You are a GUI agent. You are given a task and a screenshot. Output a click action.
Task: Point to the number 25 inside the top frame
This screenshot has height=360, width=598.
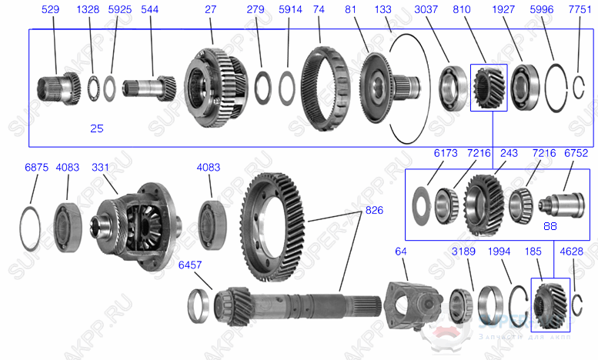pyautogui.click(x=96, y=128)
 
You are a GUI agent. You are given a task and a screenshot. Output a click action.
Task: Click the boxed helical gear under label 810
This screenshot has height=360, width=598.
pyautogui.click(x=488, y=87)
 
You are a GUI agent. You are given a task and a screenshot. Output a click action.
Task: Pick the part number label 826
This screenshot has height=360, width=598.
pyautogui.click(x=374, y=209)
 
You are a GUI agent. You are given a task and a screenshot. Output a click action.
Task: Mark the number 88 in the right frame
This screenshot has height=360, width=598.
pyautogui.click(x=550, y=226)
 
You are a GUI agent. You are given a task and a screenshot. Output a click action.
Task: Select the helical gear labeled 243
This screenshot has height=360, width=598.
pyautogui.click(x=484, y=202)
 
